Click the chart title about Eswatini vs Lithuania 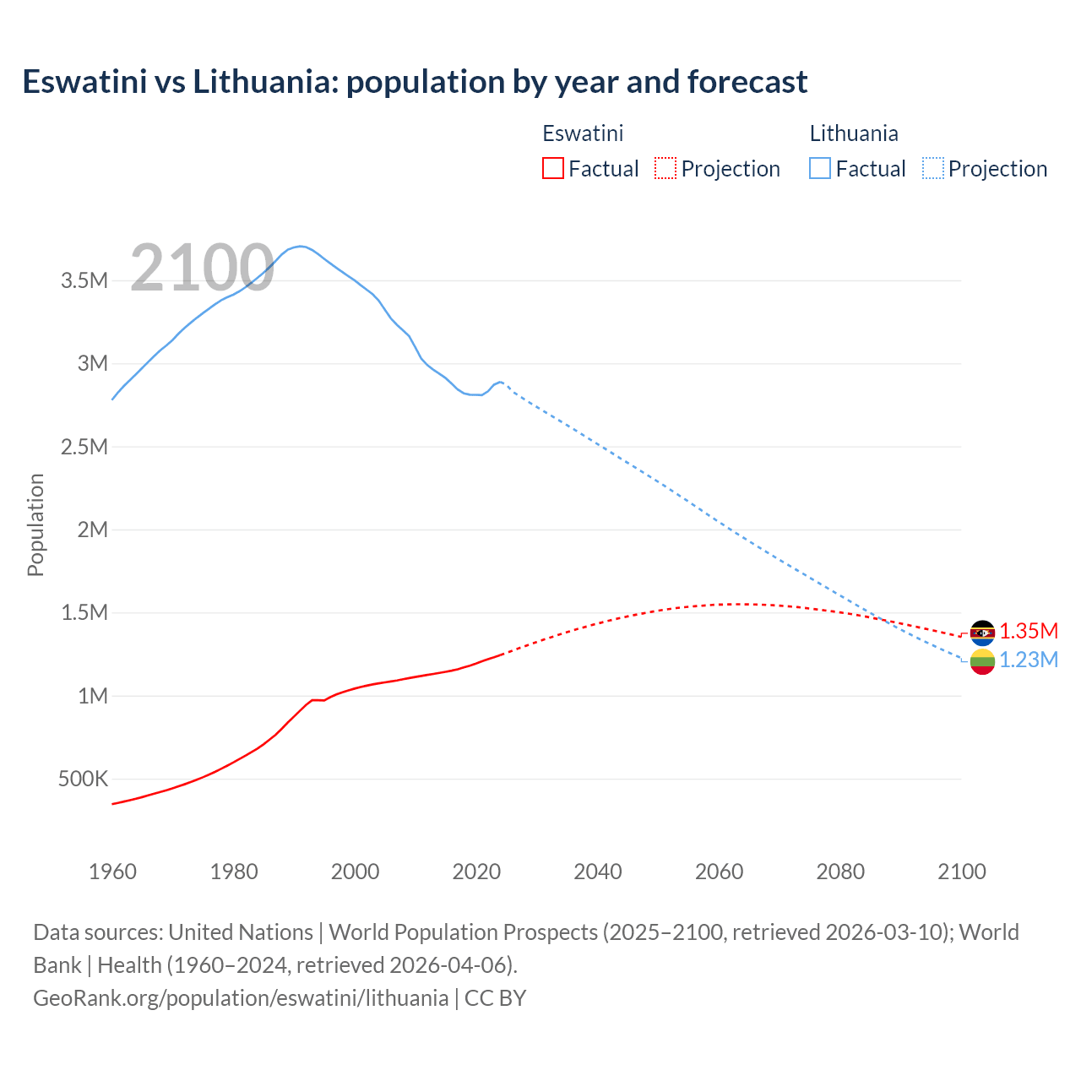click(415, 82)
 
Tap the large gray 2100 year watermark click(202, 268)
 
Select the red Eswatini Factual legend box click(552, 168)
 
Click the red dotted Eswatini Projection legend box click(665, 168)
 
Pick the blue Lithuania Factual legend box click(819, 168)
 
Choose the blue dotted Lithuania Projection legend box click(932, 168)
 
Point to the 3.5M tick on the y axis click(84, 280)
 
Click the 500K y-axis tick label click(83, 779)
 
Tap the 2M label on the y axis click(92, 530)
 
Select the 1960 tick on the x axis click(112, 872)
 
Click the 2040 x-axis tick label click(597, 872)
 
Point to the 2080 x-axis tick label click(840, 872)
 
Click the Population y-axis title click(35, 524)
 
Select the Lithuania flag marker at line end click(982, 661)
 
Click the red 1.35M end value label click(1029, 632)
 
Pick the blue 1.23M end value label click(1029, 660)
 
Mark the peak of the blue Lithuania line click(300, 246)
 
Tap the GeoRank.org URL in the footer click(241, 997)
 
